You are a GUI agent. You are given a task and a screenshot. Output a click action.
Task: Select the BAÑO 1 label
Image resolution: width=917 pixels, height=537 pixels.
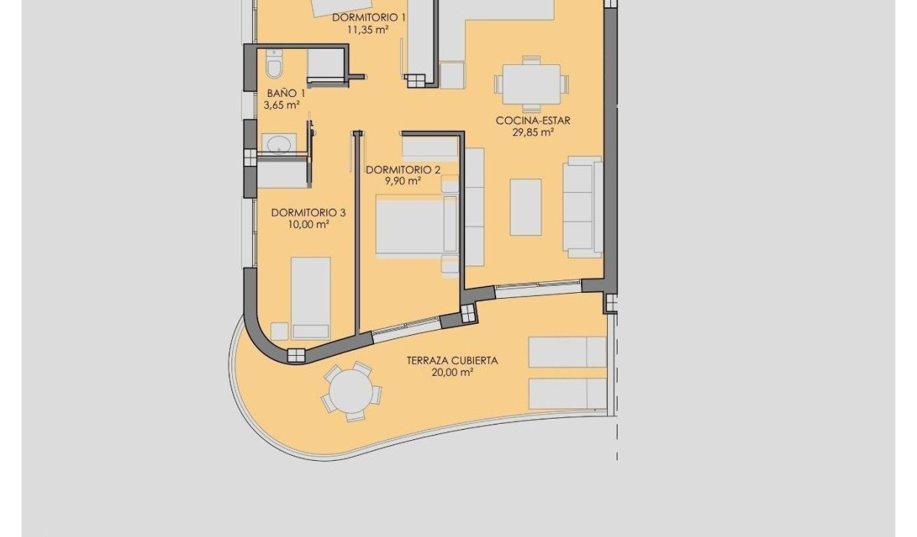[x=285, y=93]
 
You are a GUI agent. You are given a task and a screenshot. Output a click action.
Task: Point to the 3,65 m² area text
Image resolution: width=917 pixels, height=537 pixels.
[x=282, y=105]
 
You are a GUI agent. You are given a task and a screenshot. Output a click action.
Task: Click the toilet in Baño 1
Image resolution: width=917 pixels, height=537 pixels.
[x=274, y=65]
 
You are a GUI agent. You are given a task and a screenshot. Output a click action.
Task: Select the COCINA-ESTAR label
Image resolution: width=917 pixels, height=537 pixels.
[x=533, y=121]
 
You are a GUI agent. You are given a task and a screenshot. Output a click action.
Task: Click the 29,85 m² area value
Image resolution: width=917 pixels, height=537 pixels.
[x=533, y=133]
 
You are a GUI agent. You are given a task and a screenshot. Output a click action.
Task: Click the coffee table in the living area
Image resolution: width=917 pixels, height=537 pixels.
[x=526, y=207]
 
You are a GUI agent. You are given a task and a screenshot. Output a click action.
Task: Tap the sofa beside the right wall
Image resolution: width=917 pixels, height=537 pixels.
[x=583, y=206]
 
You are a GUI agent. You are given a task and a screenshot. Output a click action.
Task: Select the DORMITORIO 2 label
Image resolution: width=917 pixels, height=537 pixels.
[x=403, y=169]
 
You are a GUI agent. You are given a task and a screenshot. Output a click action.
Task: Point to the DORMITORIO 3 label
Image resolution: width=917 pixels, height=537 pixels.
[x=308, y=212]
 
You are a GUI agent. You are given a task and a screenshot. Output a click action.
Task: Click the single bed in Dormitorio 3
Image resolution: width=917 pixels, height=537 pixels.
[x=311, y=297]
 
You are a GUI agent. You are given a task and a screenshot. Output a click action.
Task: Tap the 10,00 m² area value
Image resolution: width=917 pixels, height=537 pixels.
[x=309, y=224]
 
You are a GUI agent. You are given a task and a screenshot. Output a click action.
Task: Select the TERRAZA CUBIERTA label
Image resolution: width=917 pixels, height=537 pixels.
[x=452, y=361]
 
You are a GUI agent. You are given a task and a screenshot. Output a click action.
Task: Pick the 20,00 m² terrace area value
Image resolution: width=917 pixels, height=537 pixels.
[x=453, y=373]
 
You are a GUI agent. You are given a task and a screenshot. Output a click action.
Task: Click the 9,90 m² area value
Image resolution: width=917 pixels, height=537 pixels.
[x=403, y=181]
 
